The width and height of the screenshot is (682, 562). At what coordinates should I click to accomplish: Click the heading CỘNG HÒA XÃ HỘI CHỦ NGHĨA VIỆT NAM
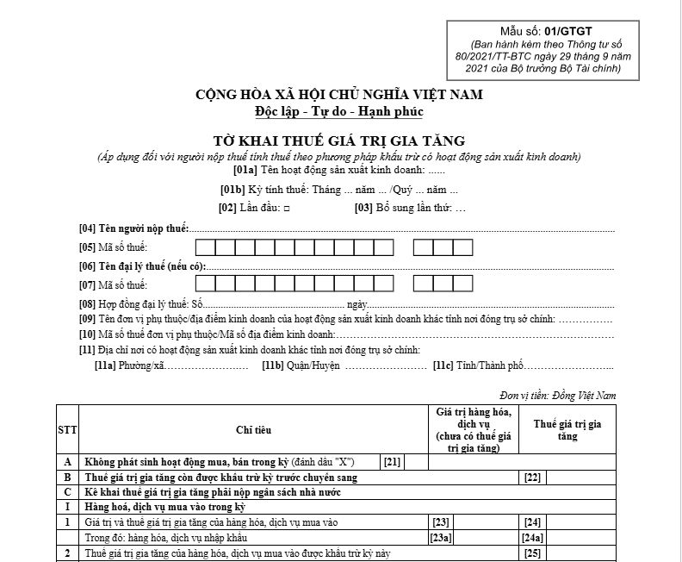click(x=339, y=94)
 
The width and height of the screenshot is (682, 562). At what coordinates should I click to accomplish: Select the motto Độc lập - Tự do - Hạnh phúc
click(x=339, y=111)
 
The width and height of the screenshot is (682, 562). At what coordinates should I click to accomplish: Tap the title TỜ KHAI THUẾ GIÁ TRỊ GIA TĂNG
click(x=339, y=140)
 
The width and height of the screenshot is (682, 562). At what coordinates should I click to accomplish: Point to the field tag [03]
click(x=365, y=208)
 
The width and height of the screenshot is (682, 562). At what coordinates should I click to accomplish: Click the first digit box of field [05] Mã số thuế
click(x=205, y=248)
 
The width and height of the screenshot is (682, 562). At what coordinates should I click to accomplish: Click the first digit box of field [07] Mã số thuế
click(x=205, y=284)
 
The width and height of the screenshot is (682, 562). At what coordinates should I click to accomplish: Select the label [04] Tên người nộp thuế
click(x=133, y=228)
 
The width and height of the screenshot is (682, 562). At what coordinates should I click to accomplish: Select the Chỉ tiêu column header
click(x=253, y=428)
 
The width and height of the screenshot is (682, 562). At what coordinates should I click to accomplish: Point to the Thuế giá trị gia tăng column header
click(x=567, y=428)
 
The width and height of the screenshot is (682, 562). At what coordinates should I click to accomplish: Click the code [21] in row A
click(x=393, y=462)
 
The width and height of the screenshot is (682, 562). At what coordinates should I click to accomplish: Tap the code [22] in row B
click(x=532, y=477)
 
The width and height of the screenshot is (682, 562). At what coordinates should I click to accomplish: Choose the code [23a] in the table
click(x=441, y=536)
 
